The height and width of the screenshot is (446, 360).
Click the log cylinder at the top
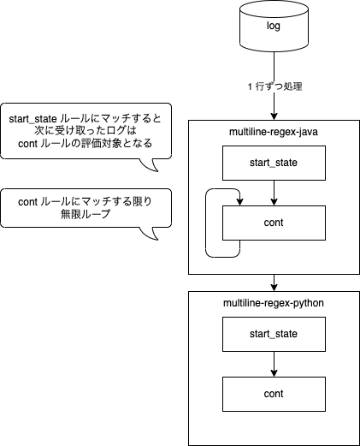coord(274,26)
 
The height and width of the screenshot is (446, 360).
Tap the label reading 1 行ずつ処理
coord(275,86)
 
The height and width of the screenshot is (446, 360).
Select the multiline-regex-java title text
coord(274,132)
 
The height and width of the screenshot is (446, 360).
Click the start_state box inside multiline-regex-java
coord(274,163)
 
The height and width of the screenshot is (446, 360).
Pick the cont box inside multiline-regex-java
coord(274,223)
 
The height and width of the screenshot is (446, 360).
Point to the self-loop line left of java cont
coord(206,223)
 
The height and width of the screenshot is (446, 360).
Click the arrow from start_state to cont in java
coord(274,193)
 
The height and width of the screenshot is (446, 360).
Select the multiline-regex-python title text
coord(274,303)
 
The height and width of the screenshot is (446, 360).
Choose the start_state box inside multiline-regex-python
coord(274,334)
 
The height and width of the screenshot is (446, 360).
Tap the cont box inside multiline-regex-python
coord(274,394)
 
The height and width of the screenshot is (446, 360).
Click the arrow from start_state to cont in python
coord(274,364)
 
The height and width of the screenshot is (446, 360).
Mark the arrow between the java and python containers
coord(274,282)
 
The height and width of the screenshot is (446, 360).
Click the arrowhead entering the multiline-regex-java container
coord(274,116)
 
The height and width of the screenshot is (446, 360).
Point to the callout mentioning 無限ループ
coord(86,208)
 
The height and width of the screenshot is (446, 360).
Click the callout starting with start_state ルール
coord(86,131)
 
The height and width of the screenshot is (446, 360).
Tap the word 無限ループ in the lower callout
coord(86,214)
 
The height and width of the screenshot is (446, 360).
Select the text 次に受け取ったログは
coord(86,131)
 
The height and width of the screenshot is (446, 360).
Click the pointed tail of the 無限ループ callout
coord(157,240)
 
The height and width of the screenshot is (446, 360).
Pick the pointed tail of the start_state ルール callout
coord(157,171)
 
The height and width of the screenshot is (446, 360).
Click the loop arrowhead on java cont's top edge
coord(240,202)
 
